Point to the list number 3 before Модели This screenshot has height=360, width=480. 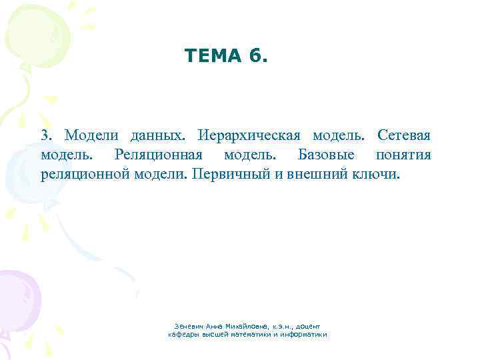[x=45, y=136]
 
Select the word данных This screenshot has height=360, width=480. [x=157, y=136]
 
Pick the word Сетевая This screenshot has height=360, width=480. [x=403, y=136]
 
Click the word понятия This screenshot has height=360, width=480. [x=403, y=155]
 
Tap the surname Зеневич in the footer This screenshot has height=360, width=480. [x=189, y=326]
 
